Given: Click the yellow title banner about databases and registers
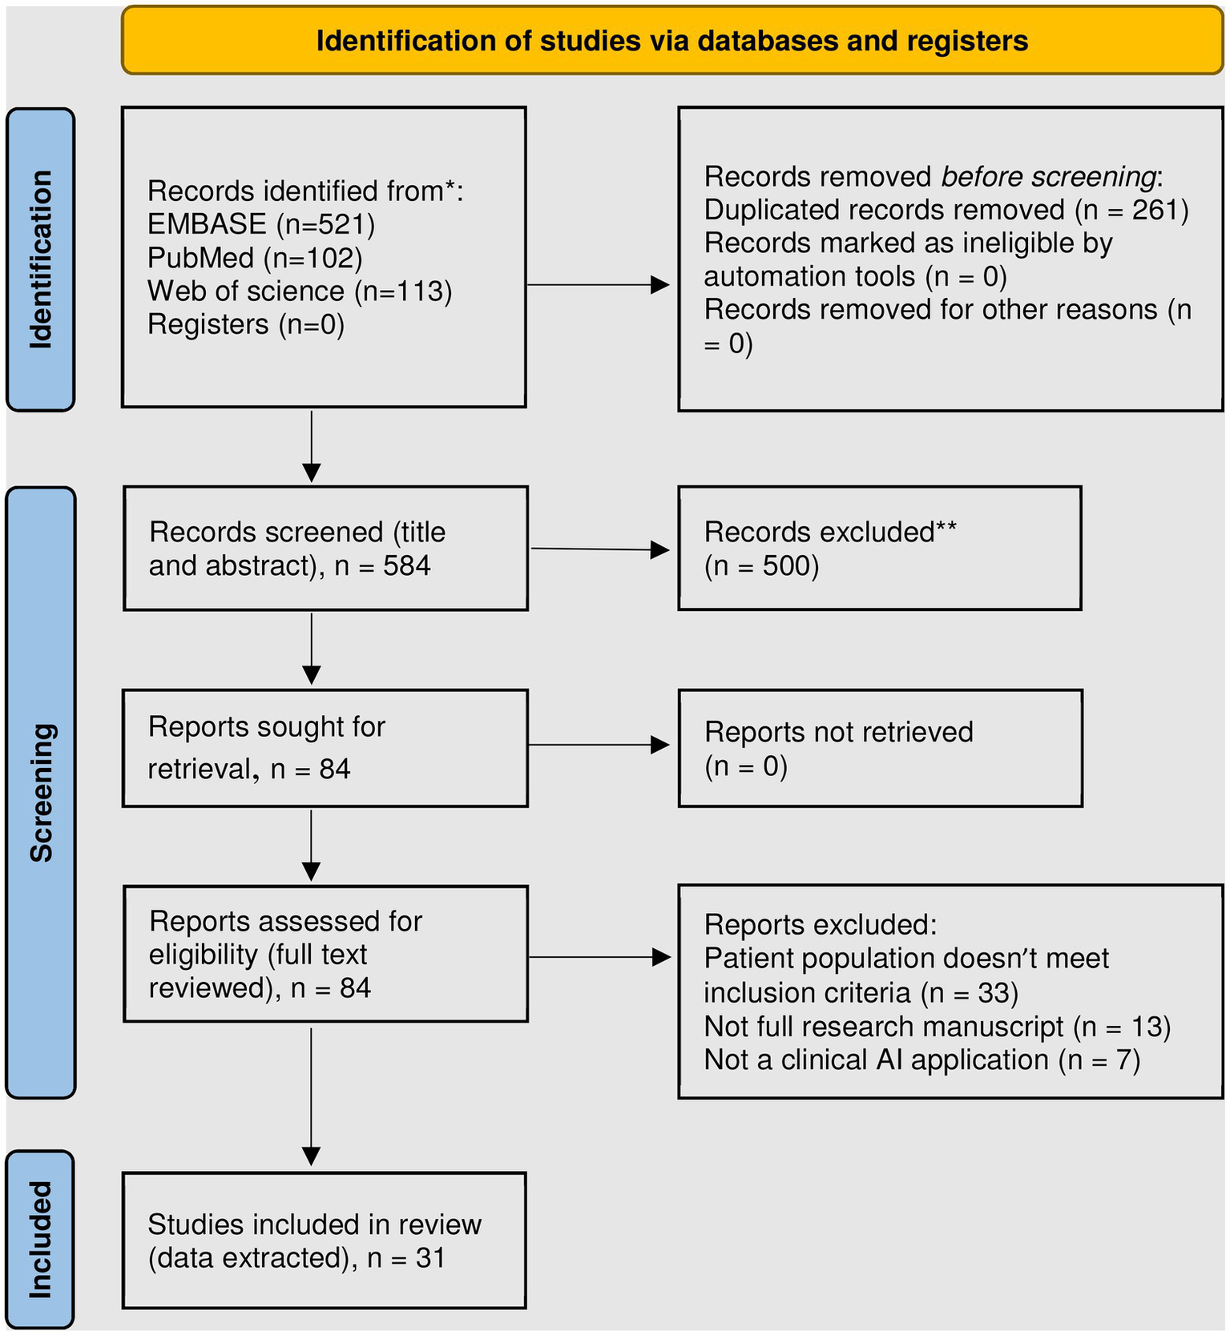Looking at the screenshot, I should coord(671,41).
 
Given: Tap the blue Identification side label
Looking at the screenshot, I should coord(40,259).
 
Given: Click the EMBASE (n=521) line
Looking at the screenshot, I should coord(261,224).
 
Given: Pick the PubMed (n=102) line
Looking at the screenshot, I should coord(255,258).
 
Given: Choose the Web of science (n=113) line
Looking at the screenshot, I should coord(300,291).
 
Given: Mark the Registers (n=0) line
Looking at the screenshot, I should coord(245,324).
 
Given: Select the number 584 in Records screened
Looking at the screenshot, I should coord(406,565).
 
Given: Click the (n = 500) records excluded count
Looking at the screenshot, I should coord(761,565).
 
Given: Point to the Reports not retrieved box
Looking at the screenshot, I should coord(879,748).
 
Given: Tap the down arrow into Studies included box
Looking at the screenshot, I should coord(312,1097).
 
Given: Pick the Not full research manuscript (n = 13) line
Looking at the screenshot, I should coord(937,1027).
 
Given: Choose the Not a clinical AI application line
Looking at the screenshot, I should coord(921,1060).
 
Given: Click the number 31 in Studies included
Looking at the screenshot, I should coord(429,1258).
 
